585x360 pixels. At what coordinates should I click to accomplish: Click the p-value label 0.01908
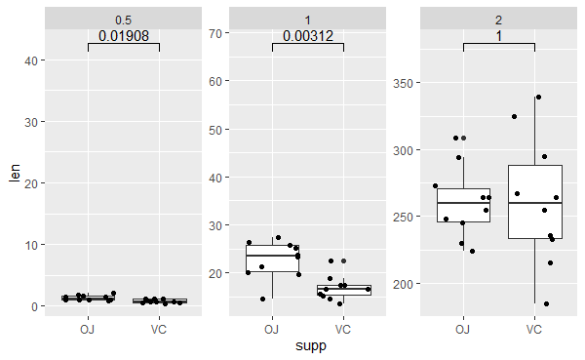point(124,36)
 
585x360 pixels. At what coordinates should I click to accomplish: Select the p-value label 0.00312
point(308,36)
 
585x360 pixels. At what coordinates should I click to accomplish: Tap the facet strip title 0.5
point(124,20)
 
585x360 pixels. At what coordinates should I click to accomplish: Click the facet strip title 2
point(499,20)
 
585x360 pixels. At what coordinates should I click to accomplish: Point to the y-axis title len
point(14,172)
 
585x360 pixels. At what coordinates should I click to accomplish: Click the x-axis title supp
point(308,346)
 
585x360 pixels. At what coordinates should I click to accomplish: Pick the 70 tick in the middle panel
point(216,33)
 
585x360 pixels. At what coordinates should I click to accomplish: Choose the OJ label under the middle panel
point(272,329)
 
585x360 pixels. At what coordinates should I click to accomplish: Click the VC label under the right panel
point(534,329)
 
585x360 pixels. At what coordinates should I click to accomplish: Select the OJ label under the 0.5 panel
point(88,329)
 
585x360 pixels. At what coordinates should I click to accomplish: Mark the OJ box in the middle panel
point(272,258)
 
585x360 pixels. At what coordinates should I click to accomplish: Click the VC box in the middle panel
point(343,290)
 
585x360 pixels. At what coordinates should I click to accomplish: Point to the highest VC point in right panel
point(538,98)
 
